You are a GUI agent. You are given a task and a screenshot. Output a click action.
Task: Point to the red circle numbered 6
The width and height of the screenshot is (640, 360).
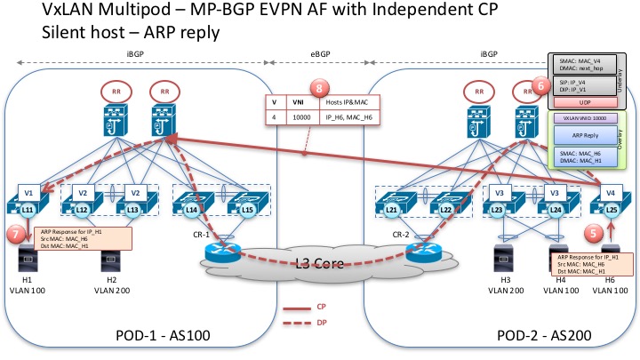[538, 86]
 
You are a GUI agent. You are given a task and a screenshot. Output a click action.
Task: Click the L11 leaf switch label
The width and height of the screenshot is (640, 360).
[28, 209]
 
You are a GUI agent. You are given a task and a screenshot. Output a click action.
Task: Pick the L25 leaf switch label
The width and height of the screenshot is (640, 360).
[612, 209]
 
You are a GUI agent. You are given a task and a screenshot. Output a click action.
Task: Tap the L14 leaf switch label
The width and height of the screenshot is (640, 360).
[193, 209]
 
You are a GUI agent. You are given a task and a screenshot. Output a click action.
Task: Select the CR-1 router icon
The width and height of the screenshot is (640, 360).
[218, 251]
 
